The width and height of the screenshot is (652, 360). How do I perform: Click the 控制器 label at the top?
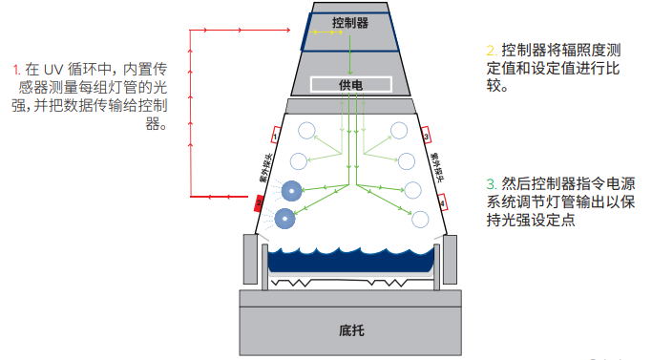(x=350, y=22)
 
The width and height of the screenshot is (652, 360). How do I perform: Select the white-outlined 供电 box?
(x=350, y=84)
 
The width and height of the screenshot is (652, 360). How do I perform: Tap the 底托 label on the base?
(x=350, y=331)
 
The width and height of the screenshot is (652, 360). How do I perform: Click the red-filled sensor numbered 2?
(x=258, y=202)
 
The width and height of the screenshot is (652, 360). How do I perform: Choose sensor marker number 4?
(x=441, y=201)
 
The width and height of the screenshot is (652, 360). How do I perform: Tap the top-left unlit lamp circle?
(x=306, y=132)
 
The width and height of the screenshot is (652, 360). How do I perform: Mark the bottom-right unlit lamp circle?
(x=420, y=220)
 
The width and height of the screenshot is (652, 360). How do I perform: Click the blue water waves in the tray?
(x=350, y=258)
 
